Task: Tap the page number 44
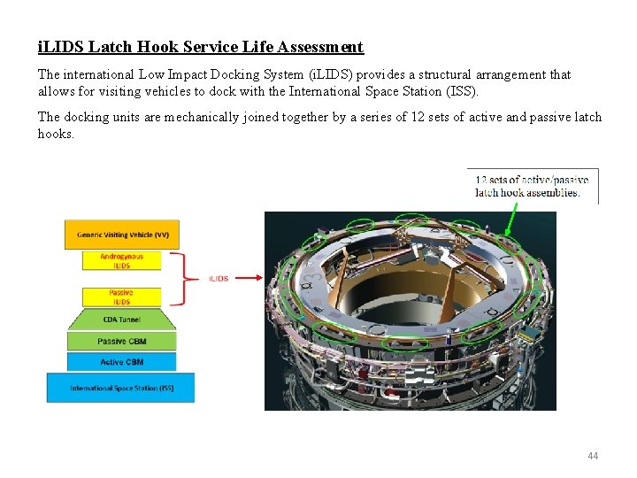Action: click(593, 456)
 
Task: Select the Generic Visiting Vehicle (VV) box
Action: click(122, 235)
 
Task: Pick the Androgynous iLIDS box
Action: click(121, 261)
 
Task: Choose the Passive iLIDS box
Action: click(121, 297)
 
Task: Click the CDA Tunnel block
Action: click(121, 320)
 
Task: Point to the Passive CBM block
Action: click(121, 341)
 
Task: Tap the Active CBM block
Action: click(121, 362)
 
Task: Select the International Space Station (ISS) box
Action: click(121, 388)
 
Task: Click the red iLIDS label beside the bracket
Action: click(219, 279)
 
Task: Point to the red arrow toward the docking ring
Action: click(252, 278)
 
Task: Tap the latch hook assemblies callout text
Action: click(532, 186)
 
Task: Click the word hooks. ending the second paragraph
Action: click(56, 134)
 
